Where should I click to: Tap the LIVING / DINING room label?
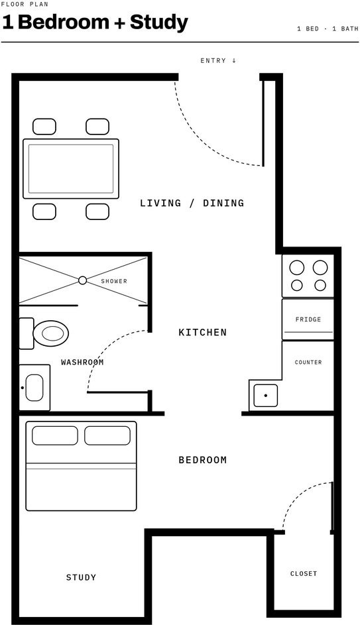click(x=192, y=203)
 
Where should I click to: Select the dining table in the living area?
click(x=71, y=168)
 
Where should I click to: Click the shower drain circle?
click(x=82, y=280)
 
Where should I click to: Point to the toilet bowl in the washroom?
click(x=50, y=333)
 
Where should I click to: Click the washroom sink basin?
click(x=34, y=388)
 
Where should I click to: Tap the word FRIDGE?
click(x=308, y=319)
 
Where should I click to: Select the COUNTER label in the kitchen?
click(x=308, y=363)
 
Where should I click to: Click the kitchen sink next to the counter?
click(x=265, y=396)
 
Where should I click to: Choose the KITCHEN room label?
click(x=202, y=332)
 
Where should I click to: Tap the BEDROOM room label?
click(x=202, y=460)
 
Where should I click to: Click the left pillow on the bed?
click(x=55, y=435)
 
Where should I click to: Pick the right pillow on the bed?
click(x=107, y=435)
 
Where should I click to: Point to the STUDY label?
click(x=81, y=577)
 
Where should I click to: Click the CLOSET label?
click(x=304, y=573)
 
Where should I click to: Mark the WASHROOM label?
click(x=82, y=363)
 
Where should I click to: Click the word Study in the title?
click(x=158, y=23)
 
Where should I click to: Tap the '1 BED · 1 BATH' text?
click(x=328, y=29)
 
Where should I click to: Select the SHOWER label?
click(x=114, y=281)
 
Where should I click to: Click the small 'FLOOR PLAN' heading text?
click(x=25, y=5)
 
